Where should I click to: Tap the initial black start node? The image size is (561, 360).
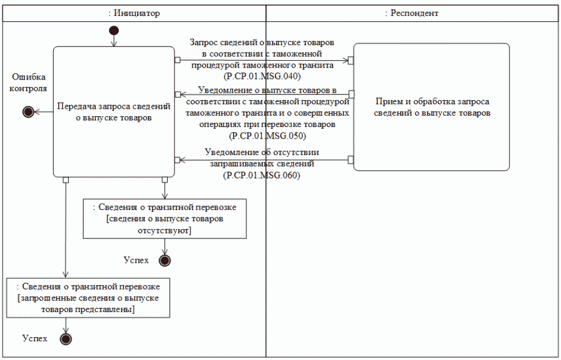coord(113,30)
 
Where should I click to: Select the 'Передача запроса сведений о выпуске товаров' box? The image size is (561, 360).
coord(113,112)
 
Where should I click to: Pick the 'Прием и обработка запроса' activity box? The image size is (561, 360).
coord(431,107)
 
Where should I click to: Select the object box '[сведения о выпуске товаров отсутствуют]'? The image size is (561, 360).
coord(165,218)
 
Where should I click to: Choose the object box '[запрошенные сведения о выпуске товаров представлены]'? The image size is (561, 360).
coord(88,297)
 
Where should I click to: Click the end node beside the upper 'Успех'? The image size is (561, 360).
coord(165,260)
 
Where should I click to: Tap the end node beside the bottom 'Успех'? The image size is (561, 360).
coord(66,339)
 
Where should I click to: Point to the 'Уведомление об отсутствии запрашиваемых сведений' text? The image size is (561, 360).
coord(262,158)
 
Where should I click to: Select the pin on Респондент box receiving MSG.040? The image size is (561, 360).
coord(351,60)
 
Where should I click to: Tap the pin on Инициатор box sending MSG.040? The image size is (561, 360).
coord(177,60)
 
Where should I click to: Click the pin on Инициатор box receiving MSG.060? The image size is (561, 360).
coord(177,160)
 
